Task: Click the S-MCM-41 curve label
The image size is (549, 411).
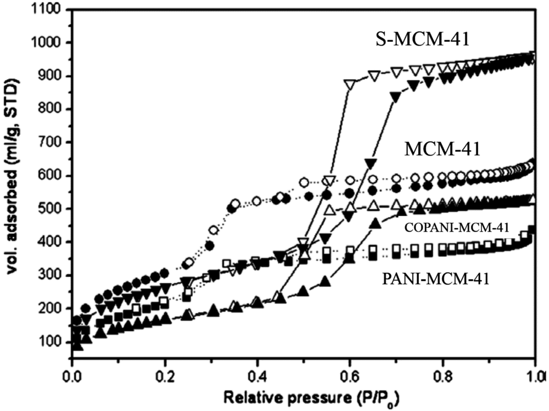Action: point(422,40)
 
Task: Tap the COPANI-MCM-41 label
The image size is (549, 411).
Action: point(457,227)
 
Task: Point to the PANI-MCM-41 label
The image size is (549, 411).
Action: point(437,278)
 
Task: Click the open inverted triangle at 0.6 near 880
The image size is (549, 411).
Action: point(350,85)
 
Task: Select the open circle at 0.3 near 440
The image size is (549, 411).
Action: point(213,230)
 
